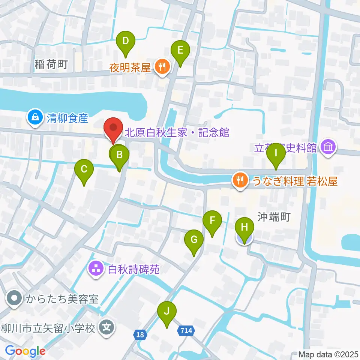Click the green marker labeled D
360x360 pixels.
coord(126,41)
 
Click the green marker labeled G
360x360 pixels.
coord(194,240)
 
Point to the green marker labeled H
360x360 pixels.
coord(244,228)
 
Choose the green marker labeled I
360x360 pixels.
coord(276,153)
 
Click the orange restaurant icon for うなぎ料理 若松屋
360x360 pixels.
coord(240,180)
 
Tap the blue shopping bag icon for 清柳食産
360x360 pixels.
coord(35,117)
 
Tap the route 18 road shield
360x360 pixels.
coord(140,334)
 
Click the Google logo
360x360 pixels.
coord(25,351)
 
